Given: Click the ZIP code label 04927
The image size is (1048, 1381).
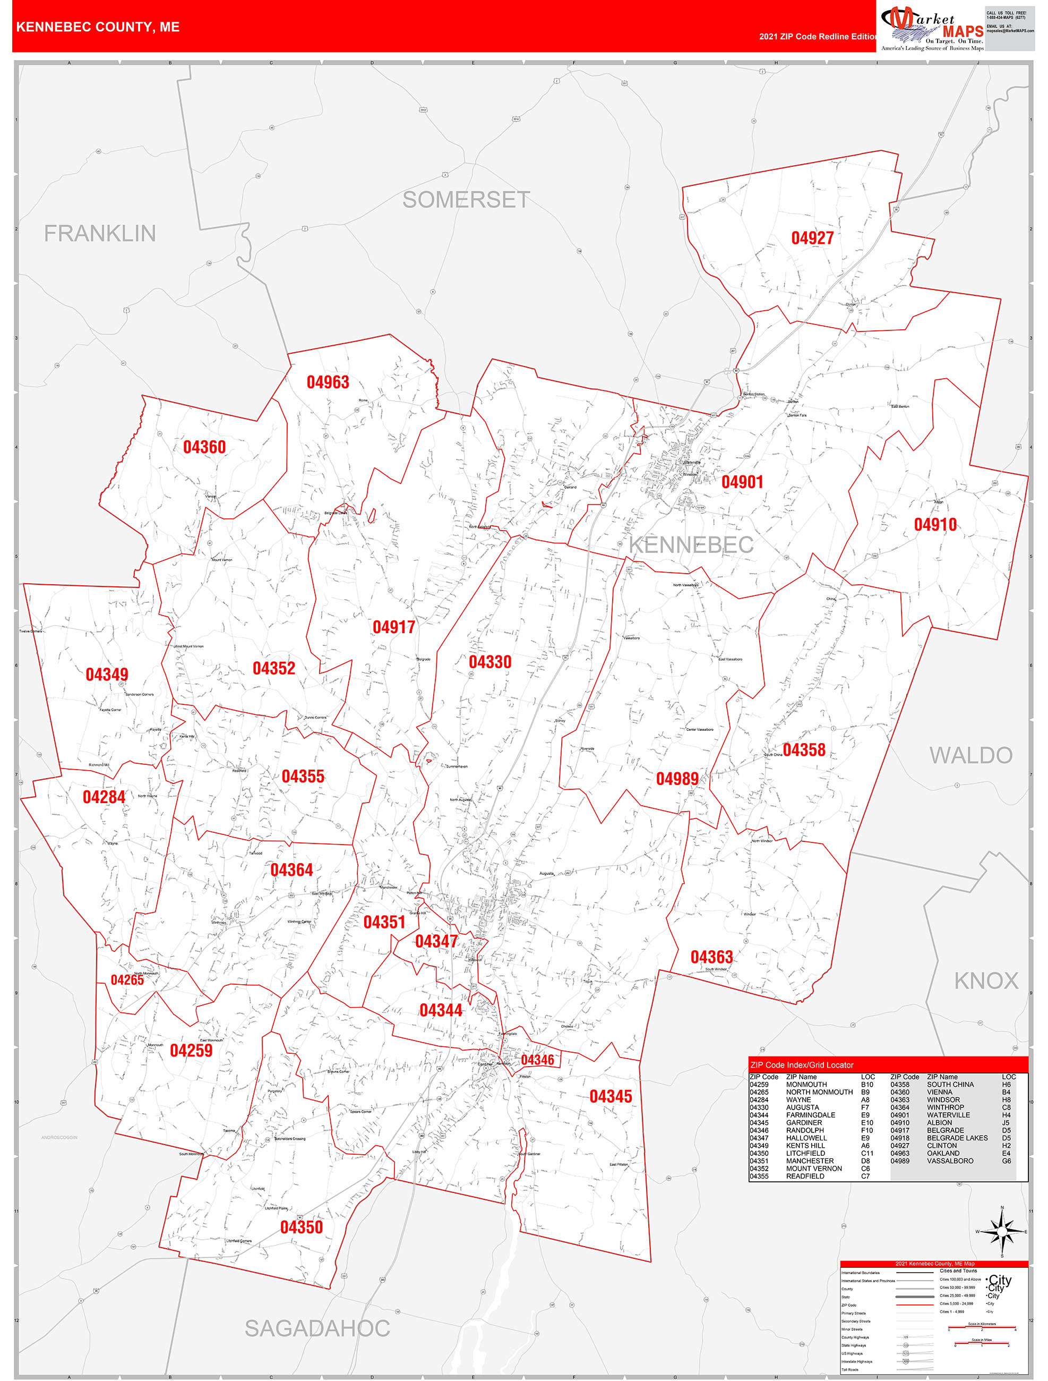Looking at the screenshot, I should click(812, 238).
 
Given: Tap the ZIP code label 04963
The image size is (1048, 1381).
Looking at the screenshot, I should click(328, 382).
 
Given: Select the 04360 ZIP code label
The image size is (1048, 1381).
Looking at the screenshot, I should click(204, 447).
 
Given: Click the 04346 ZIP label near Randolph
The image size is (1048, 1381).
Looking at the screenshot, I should click(537, 1060).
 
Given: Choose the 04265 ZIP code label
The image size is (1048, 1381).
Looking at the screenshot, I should click(127, 980).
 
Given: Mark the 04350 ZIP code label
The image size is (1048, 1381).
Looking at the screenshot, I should click(301, 1227).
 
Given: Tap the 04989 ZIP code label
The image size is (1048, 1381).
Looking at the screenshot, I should click(676, 779).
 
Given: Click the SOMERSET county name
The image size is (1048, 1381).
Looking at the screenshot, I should click(466, 200).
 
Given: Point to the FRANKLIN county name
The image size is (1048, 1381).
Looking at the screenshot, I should click(100, 234).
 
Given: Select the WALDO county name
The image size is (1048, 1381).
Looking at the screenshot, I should click(970, 755).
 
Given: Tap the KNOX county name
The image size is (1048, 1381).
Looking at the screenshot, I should click(985, 981).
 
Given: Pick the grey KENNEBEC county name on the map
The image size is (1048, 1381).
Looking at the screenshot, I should click(691, 545).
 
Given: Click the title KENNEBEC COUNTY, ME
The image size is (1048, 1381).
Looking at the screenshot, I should click(98, 27).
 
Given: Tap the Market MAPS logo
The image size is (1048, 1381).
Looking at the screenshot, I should click(932, 28).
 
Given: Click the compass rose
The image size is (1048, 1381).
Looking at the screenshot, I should click(1002, 1232).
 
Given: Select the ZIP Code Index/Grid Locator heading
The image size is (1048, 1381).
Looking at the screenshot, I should click(802, 1065).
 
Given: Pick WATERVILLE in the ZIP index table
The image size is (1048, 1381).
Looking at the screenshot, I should click(948, 1115).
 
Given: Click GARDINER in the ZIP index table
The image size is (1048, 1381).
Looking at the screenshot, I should click(804, 1122).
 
